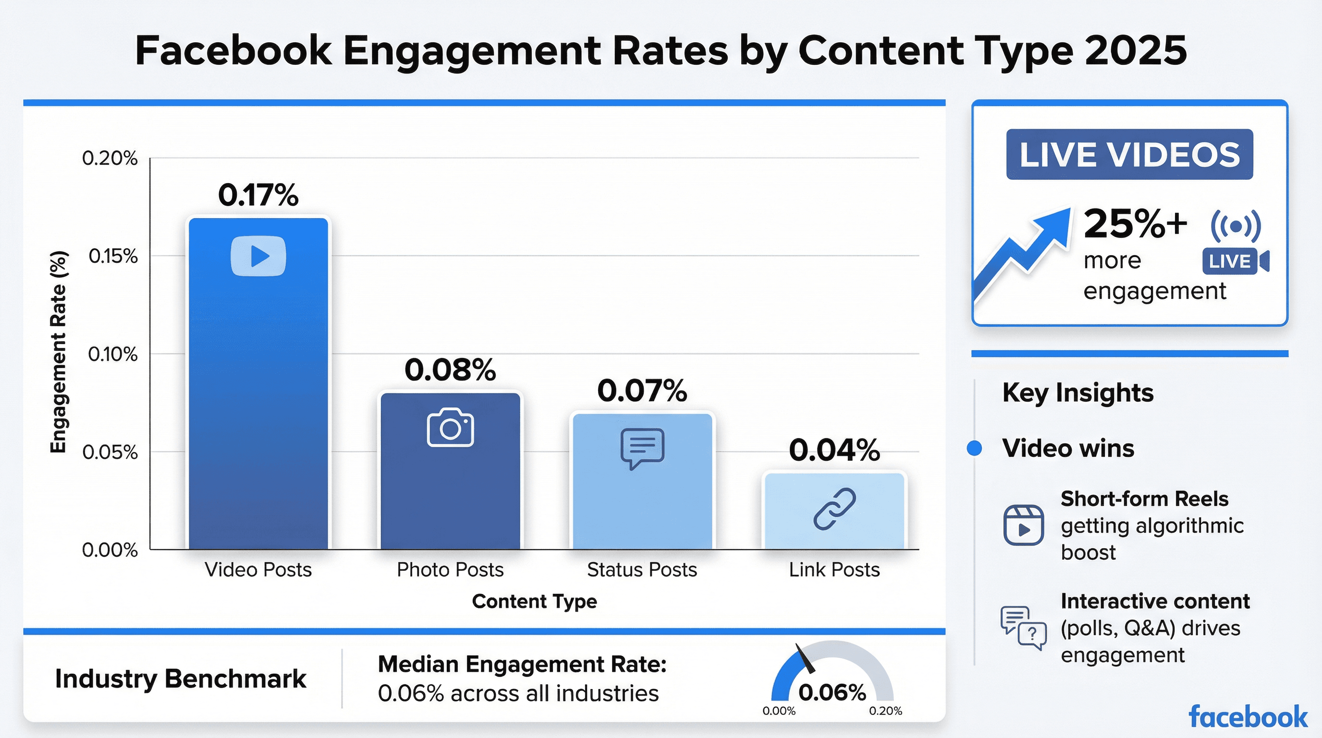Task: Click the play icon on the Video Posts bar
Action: pyautogui.click(x=258, y=256)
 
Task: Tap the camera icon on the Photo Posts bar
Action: pyautogui.click(x=450, y=428)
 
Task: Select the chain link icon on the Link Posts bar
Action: pyautogui.click(x=834, y=509)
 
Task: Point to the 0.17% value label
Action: pyautogui.click(x=258, y=195)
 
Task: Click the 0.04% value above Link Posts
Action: pyautogui.click(x=834, y=450)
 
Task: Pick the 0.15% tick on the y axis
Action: pyautogui.click(x=113, y=256)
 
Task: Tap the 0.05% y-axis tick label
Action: pyautogui.click(x=110, y=452)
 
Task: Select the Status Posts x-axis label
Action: pyautogui.click(x=642, y=570)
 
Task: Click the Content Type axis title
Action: pyautogui.click(x=534, y=601)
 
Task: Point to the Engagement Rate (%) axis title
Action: pyautogui.click(x=58, y=352)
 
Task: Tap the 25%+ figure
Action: pyautogui.click(x=1135, y=224)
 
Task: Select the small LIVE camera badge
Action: pyautogui.click(x=1234, y=261)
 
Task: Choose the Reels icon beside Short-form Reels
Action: pyautogui.click(x=1023, y=525)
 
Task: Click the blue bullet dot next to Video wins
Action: pyautogui.click(x=974, y=448)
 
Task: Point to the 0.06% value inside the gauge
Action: pyautogui.click(x=832, y=692)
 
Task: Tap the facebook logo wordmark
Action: pyautogui.click(x=1248, y=717)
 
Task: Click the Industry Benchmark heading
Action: pyautogui.click(x=180, y=678)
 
